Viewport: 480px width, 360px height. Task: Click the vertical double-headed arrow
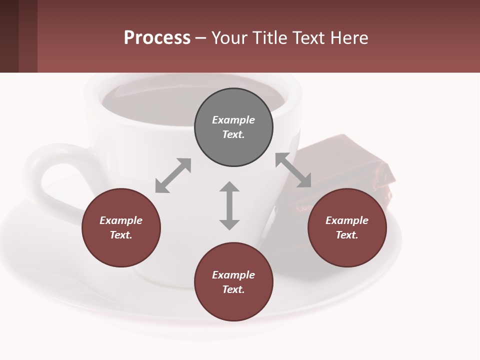click(229, 205)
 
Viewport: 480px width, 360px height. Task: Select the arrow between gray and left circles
click(173, 175)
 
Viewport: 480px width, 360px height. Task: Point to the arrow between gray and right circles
click(293, 170)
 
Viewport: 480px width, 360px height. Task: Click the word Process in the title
click(157, 38)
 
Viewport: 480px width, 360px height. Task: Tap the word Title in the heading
click(269, 38)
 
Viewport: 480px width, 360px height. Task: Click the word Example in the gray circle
click(233, 120)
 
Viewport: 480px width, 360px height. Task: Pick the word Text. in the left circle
click(121, 235)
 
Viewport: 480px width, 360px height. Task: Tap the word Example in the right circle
click(347, 220)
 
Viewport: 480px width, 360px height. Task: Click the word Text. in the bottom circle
click(233, 289)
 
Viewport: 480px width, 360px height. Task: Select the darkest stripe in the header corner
click(9, 36)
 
